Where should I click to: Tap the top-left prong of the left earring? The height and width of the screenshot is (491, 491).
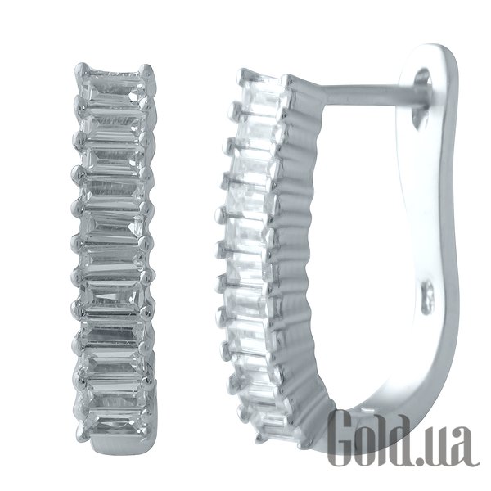[x=81, y=70]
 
